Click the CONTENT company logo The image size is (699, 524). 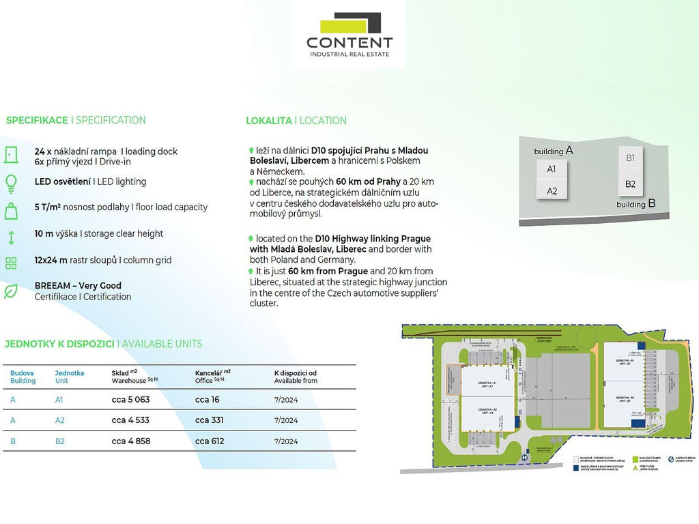point(349,35)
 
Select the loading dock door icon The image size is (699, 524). point(10,155)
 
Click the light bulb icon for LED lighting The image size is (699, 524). point(10,182)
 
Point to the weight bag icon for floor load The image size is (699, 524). point(10,210)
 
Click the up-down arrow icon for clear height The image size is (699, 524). point(10,237)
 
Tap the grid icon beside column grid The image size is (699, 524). point(10,263)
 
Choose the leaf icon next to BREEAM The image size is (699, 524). point(10,291)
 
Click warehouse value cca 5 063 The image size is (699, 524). point(130,400)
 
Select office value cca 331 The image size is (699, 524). point(209,420)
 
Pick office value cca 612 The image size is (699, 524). point(209,441)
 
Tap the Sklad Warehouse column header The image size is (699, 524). point(129,377)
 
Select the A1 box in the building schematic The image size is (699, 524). point(552,169)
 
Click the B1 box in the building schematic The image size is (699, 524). point(631,158)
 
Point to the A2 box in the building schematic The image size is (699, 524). point(552,191)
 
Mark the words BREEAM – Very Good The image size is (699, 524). point(78,286)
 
